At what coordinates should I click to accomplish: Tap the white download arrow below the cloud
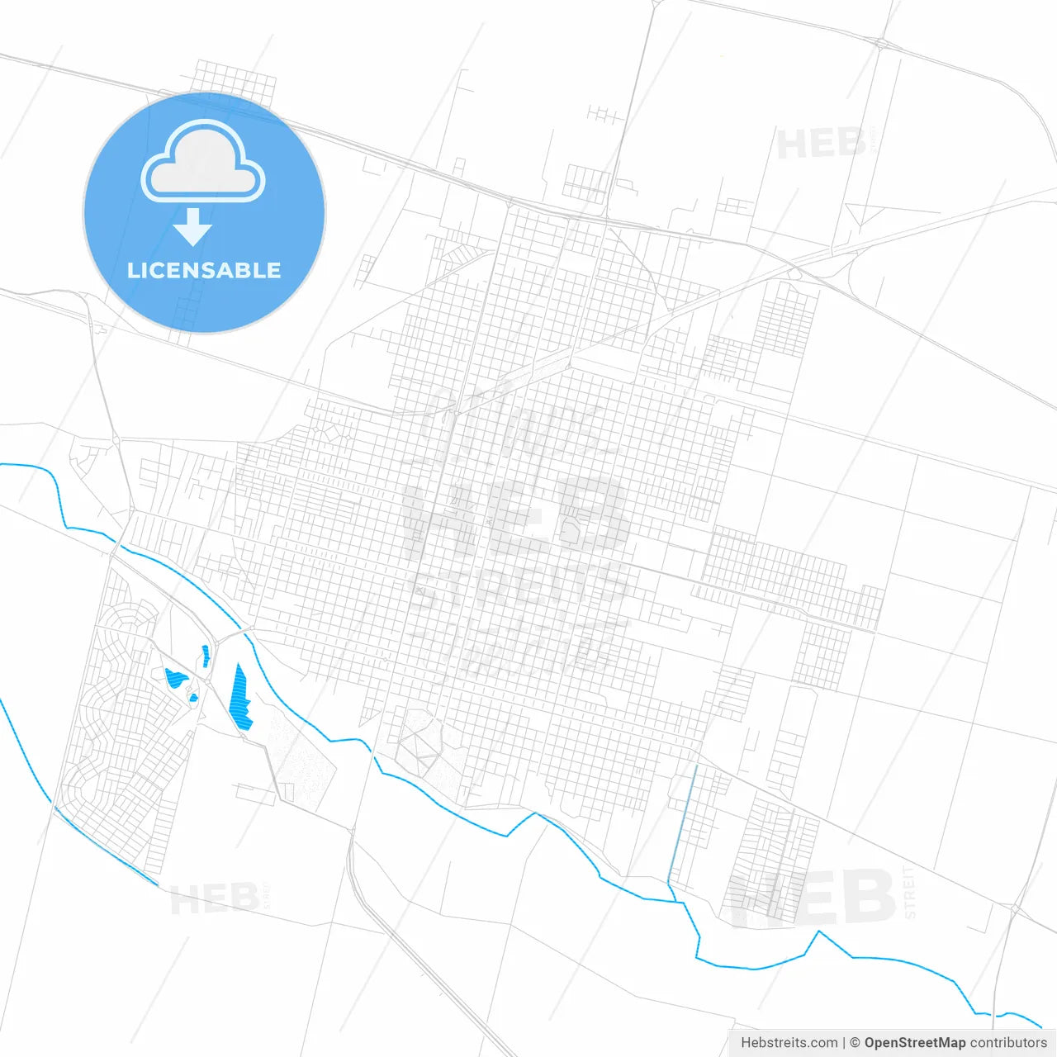[x=193, y=227]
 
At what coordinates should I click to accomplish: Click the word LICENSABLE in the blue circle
[x=204, y=270]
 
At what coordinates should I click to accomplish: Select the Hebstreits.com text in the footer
[x=789, y=1043]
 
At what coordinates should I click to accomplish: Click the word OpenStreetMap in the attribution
[x=914, y=1043]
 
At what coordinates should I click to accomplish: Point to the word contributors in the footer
[x=1008, y=1043]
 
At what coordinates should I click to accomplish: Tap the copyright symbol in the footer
[x=855, y=1043]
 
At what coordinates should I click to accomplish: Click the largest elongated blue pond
[x=241, y=698]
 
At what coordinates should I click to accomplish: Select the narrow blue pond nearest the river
[x=206, y=656]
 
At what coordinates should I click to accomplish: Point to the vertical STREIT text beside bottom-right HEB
[x=910, y=893]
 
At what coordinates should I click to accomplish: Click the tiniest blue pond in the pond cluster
[x=194, y=698]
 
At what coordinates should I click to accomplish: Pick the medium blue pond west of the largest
[x=176, y=679]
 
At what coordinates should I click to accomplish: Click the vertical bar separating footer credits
[x=843, y=1043]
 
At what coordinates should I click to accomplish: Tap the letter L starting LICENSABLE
[x=132, y=270]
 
